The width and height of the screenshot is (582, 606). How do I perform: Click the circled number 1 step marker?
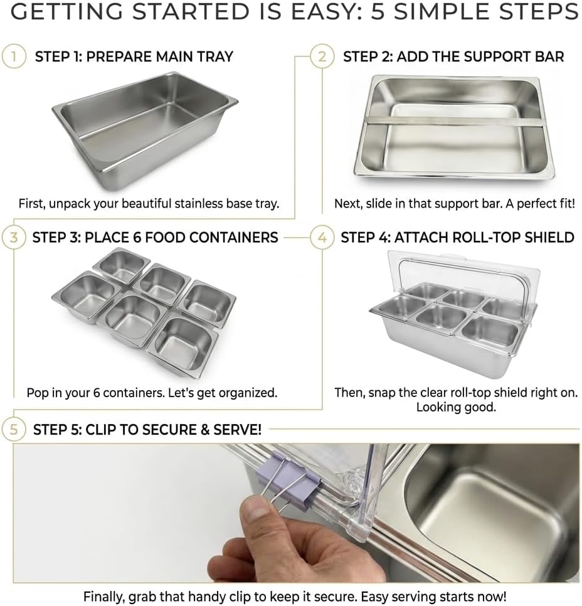tap(14, 57)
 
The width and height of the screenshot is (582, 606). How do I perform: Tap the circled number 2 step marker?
tap(322, 57)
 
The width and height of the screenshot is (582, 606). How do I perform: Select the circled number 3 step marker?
tap(14, 237)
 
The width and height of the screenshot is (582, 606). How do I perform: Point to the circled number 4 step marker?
tap(322, 238)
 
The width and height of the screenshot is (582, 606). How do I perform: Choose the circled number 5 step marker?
tap(14, 429)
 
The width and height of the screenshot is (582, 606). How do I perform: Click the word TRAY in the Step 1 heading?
tap(215, 57)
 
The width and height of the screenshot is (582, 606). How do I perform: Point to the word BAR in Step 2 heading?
tap(549, 57)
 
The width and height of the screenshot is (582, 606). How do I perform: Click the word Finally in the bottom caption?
tap(104, 596)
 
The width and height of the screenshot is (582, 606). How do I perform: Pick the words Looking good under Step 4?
tap(456, 407)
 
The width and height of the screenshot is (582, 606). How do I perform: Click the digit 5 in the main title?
tap(378, 12)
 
